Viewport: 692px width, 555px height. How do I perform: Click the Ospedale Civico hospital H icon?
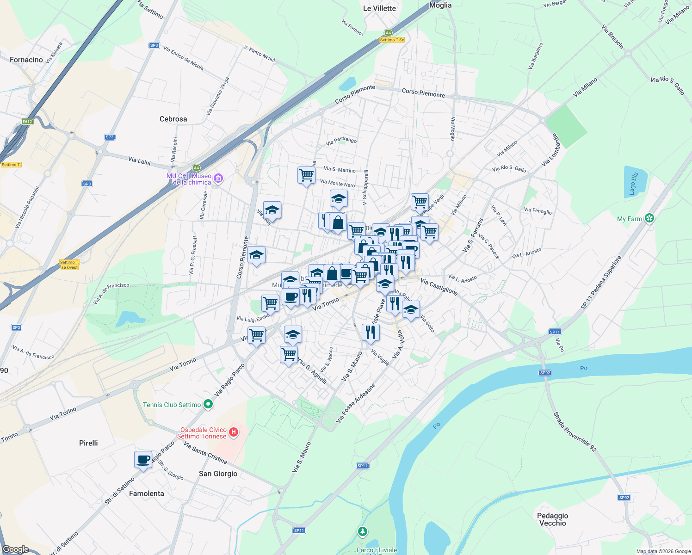[x=234, y=432]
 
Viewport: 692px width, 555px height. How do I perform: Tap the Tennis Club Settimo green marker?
[x=208, y=405]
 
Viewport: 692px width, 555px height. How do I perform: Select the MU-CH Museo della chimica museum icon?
[x=219, y=178]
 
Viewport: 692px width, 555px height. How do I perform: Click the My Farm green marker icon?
[x=649, y=218]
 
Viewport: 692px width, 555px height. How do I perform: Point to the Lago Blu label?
[x=634, y=184]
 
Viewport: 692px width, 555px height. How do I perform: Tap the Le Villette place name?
[x=379, y=8]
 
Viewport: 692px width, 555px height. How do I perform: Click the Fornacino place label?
[x=26, y=60]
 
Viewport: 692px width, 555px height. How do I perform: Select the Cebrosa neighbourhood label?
[x=173, y=119]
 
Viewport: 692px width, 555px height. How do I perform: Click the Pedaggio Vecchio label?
[x=553, y=519]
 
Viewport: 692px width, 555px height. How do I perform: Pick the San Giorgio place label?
[x=218, y=474]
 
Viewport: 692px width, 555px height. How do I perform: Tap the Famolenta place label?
[x=146, y=493]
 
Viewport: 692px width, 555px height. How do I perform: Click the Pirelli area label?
[x=88, y=443]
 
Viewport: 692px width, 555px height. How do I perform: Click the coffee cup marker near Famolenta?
[x=143, y=460]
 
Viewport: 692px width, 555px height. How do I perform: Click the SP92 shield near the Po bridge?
[x=545, y=373]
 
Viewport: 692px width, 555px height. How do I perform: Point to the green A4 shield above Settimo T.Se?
[x=388, y=33]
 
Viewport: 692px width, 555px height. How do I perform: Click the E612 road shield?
[x=27, y=122]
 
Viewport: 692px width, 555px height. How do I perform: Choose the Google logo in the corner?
[x=16, y=549]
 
